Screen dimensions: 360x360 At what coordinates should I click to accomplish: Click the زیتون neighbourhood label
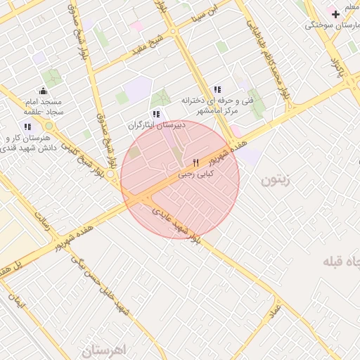275,180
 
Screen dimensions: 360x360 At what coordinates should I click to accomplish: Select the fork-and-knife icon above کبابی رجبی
195,162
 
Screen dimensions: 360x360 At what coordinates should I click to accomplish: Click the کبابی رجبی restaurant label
195,173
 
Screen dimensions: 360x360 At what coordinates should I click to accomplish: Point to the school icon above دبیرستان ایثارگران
155,114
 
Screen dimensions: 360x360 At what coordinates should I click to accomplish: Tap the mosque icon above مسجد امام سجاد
44,90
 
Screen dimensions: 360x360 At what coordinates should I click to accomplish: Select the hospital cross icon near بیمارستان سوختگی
335,13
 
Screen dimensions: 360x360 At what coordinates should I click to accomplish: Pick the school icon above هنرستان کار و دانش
27,127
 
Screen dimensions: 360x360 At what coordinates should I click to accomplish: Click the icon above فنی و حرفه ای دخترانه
217,89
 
